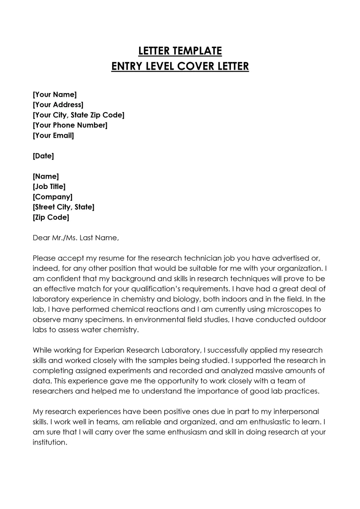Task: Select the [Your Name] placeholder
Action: (x=55, y=95)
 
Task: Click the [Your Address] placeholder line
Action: (x=58, y=105)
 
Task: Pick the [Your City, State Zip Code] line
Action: (x=79, y=115)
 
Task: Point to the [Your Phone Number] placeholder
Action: (x=70, y=125)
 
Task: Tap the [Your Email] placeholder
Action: (x=54, y=135)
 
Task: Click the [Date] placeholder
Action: (x=43, y=156)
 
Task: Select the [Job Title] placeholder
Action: (x=49, y=187)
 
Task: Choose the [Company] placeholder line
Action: (x=53, y=197)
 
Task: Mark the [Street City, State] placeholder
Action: (x=63, y=207)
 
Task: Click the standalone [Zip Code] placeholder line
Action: (x=51, y=217)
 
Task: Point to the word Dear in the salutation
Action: (x=42, y=238)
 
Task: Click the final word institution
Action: (x=49, y=442)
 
